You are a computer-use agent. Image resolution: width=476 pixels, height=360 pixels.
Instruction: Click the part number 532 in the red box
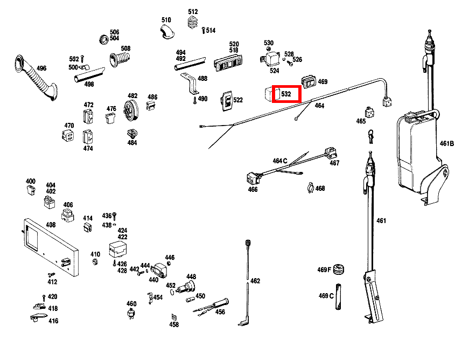pos(286,94)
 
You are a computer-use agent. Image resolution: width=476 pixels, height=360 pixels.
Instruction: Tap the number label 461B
pos(447,143)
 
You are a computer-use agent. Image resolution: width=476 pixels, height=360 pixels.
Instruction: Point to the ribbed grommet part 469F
pos(339,269)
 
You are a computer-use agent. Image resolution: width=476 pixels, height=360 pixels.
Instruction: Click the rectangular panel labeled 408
pos(51,247)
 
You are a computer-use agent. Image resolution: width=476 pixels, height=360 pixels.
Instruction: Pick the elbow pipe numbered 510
pos(167,32)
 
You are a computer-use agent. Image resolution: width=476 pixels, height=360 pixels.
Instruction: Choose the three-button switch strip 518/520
pos(229,63)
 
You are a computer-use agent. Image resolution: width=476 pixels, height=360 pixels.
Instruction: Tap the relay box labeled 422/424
pos(118,250)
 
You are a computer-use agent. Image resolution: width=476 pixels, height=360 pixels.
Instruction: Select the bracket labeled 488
pos(190,84)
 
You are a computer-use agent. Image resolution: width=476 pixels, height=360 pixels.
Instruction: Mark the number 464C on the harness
pos(280,161)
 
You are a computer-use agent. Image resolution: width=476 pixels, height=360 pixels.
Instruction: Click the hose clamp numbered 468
pos(310,189)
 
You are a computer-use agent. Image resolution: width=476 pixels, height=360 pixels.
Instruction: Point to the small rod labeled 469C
pos(338,296)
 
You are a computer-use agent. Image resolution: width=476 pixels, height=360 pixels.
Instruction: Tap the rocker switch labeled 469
pos(309,82)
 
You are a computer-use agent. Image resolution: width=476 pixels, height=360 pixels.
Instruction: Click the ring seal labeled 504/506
pos(104,39)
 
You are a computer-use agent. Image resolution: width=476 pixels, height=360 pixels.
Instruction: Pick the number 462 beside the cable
pos(255,281)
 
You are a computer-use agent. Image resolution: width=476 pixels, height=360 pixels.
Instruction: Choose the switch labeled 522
pos(227,101)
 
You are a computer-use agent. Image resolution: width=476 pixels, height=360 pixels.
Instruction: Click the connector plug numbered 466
pos(253,178)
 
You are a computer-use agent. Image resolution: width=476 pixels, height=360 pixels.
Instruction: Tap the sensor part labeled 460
pos(131,314)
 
